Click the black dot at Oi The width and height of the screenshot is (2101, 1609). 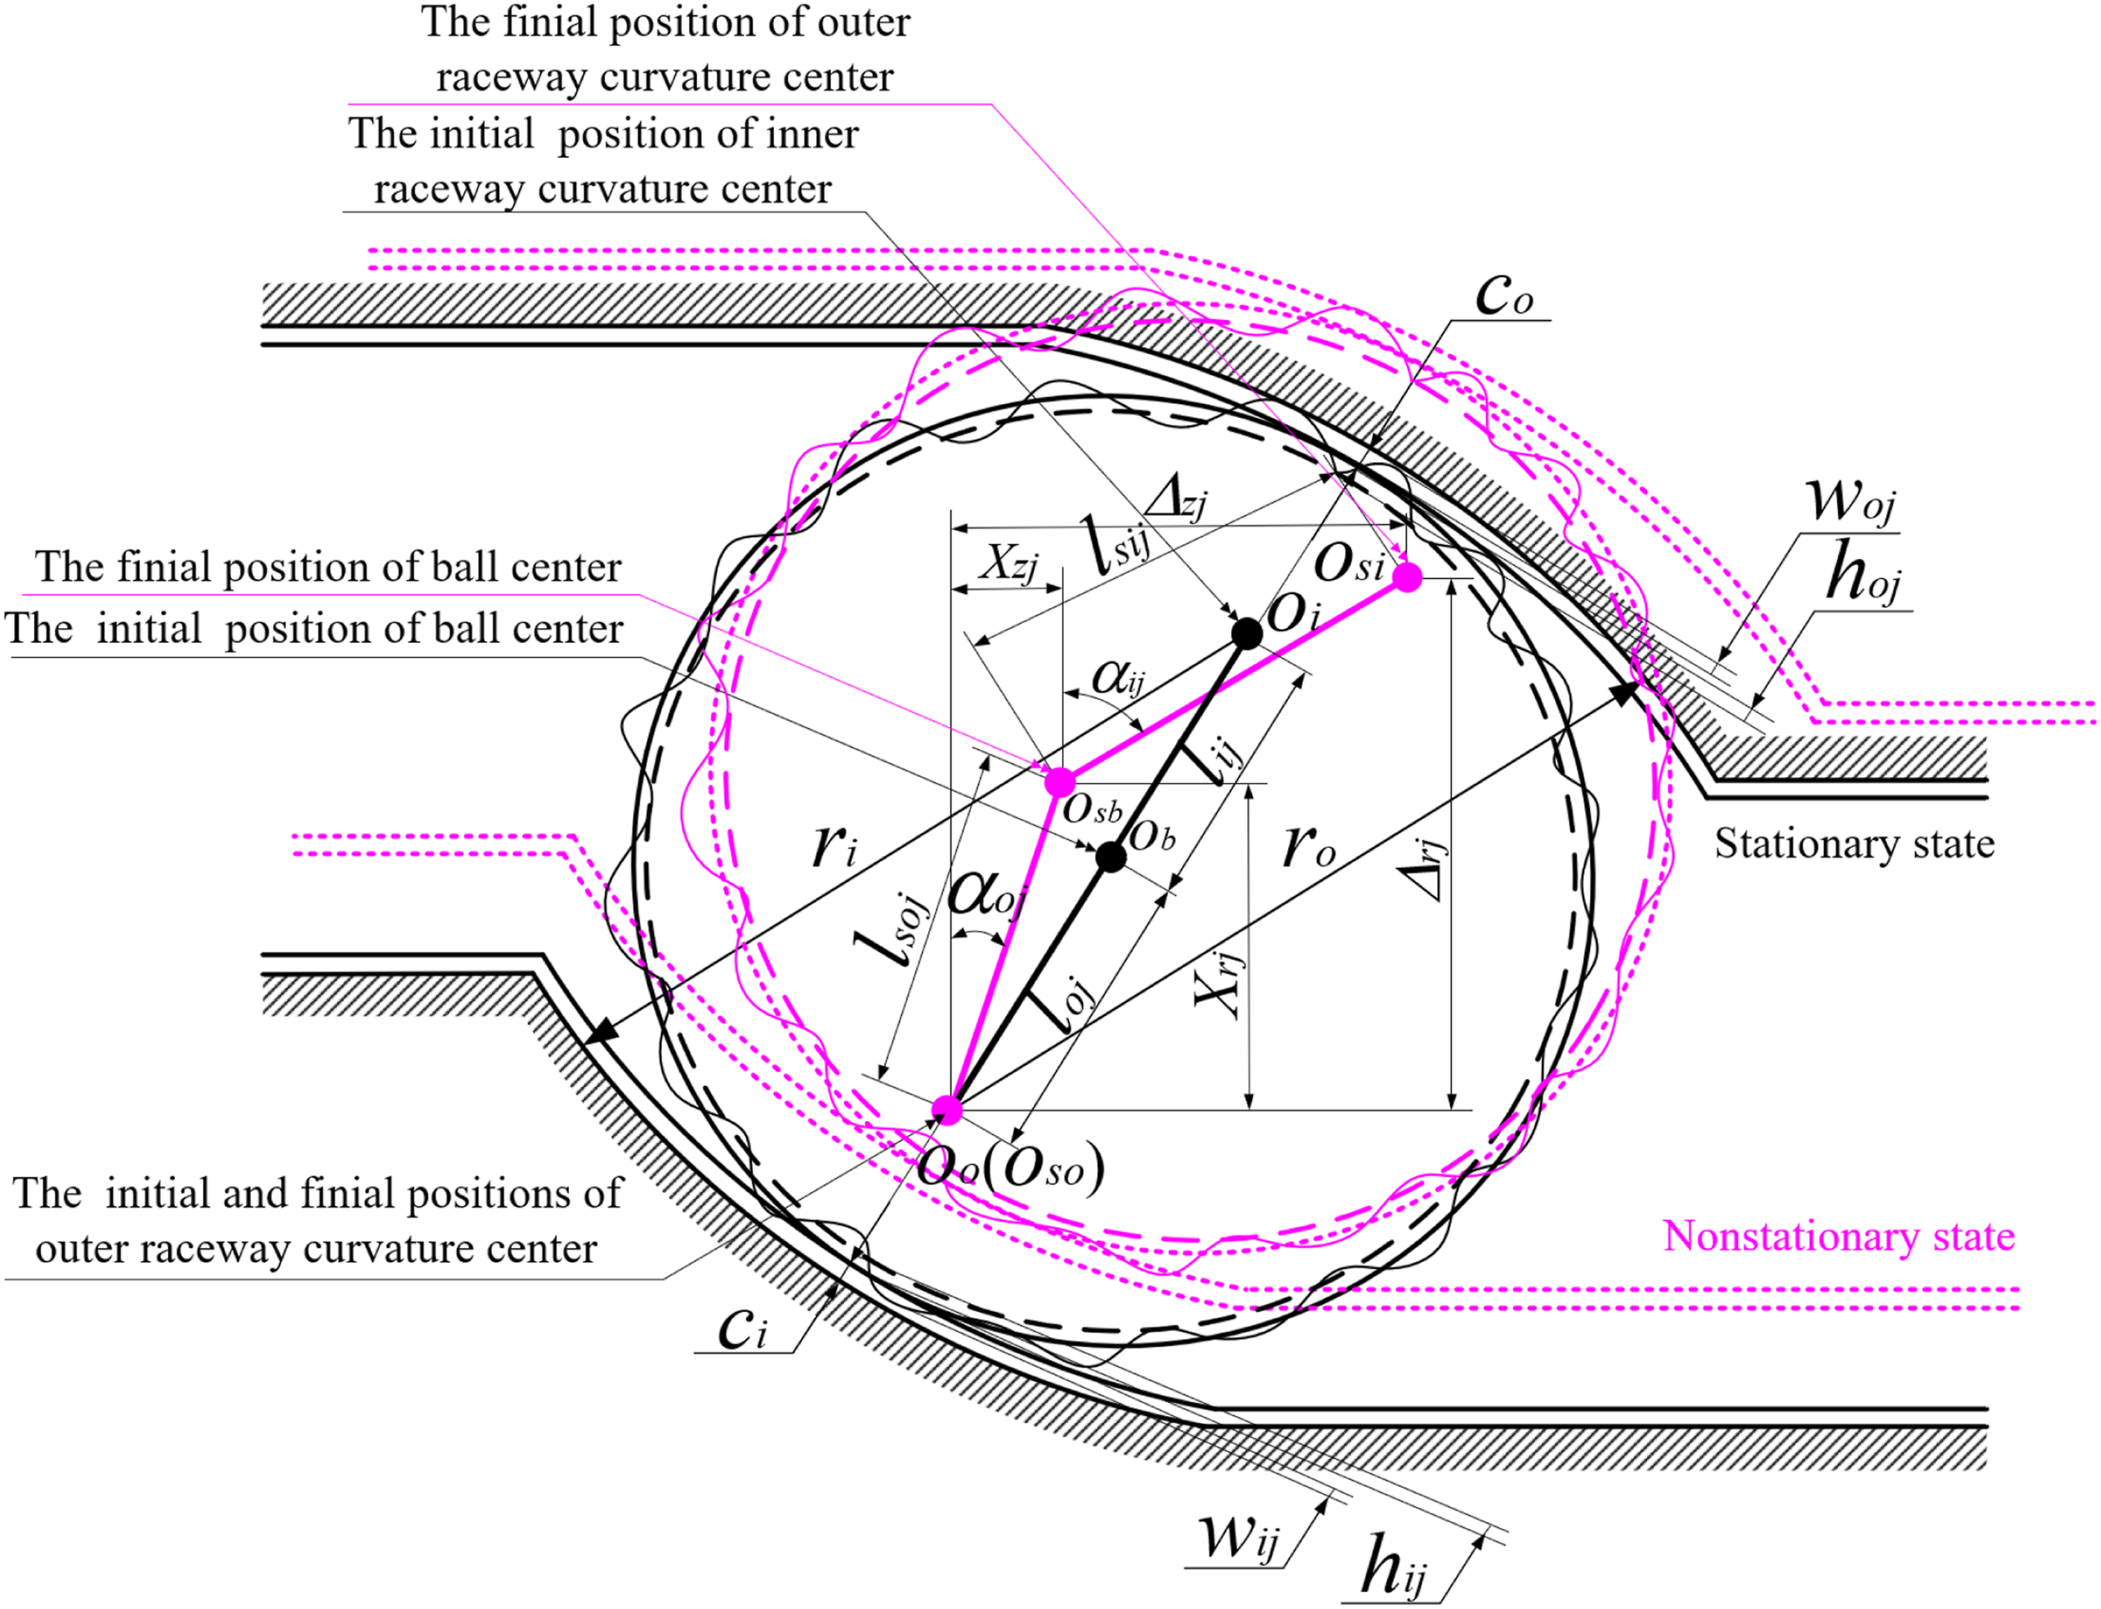(x=1246, y=633)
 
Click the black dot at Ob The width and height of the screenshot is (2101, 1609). (x=1111, y=856)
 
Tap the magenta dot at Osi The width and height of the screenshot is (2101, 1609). (x=1407, y=577)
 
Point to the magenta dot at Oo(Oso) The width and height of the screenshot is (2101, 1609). (x=947, y=1109)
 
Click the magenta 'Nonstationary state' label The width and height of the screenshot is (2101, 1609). (x=1839, y=1235)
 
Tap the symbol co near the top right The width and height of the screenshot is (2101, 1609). (x=1505, y=294)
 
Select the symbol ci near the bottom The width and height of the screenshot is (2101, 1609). (x=742, y=1328)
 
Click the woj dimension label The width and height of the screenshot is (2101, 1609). (x=1849, y=500)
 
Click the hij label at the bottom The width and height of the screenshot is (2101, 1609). (x=1393, y=1567)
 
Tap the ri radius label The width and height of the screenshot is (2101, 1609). (x=835, y=845)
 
